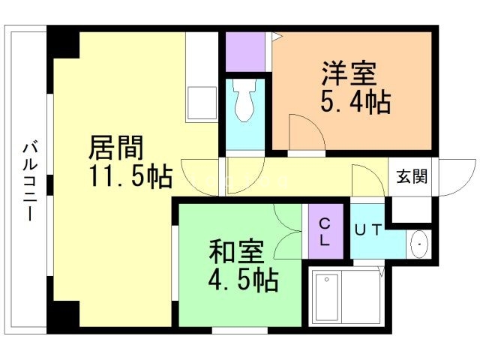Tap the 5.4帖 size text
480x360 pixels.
click(x=355, y=103)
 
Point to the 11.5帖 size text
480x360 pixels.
click(x=127, y=177)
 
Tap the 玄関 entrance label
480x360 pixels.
click(x=412, y=177)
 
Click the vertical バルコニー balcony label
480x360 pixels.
click(x=28, y=180)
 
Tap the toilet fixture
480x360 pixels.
click(x=244, y=103)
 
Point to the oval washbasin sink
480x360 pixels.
click(x=418, y=243)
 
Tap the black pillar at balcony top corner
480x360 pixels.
click(x=64, y=43)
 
